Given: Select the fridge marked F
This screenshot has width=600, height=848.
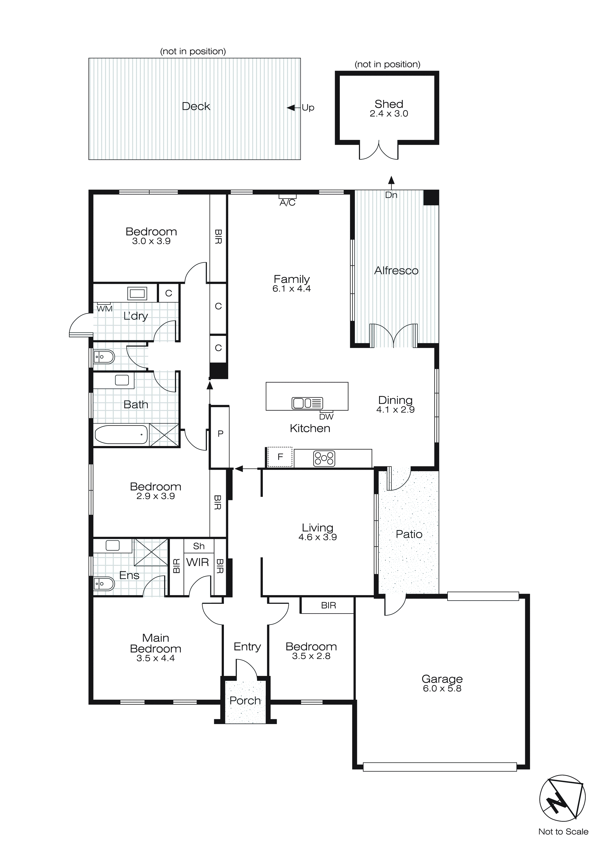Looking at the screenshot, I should (280, 457).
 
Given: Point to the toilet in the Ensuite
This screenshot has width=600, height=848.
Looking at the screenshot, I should (103, 583).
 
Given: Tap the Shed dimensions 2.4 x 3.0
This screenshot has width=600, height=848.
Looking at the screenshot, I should (389, 114).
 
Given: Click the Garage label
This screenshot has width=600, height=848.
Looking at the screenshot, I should (442, 679).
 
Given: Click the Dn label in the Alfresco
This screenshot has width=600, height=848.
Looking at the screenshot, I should (391, 195).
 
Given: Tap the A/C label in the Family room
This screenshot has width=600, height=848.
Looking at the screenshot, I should (288, 203).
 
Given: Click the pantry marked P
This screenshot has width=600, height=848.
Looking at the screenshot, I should (220, 434).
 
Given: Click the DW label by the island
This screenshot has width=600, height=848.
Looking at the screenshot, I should (326, 416).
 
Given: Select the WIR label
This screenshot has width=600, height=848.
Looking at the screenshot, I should (198, 562).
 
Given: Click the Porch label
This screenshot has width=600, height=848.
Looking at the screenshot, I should (245, 701).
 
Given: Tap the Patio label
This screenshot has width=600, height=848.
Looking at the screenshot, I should (409, 534).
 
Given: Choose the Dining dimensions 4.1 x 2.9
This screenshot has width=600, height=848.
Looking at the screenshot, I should (395, 409).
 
